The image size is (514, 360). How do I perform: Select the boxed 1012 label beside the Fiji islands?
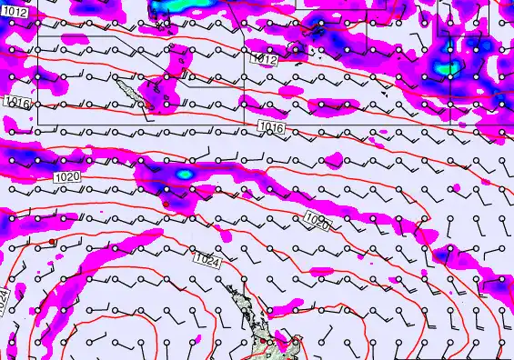click(x=264, y=59)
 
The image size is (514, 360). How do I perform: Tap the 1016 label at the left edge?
click(x=16, y=104)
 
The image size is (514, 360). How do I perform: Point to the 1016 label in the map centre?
click(x=272, y=129)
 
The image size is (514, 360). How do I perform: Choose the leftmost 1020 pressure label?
click(x=66, y=175)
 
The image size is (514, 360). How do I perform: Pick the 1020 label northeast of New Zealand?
click(x=317, y=219)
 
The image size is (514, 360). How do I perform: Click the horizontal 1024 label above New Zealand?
click(x=207, y=261)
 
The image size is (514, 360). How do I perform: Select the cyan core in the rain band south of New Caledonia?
click(x=184, y=172)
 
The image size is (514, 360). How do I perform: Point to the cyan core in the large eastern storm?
click(x=445, y=66)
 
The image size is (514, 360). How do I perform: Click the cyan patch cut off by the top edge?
click(x=166, y=5)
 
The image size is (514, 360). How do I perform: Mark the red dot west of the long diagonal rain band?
click(x=53, y=242)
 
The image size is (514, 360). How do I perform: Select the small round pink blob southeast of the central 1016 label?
click(x=333, y=161)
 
